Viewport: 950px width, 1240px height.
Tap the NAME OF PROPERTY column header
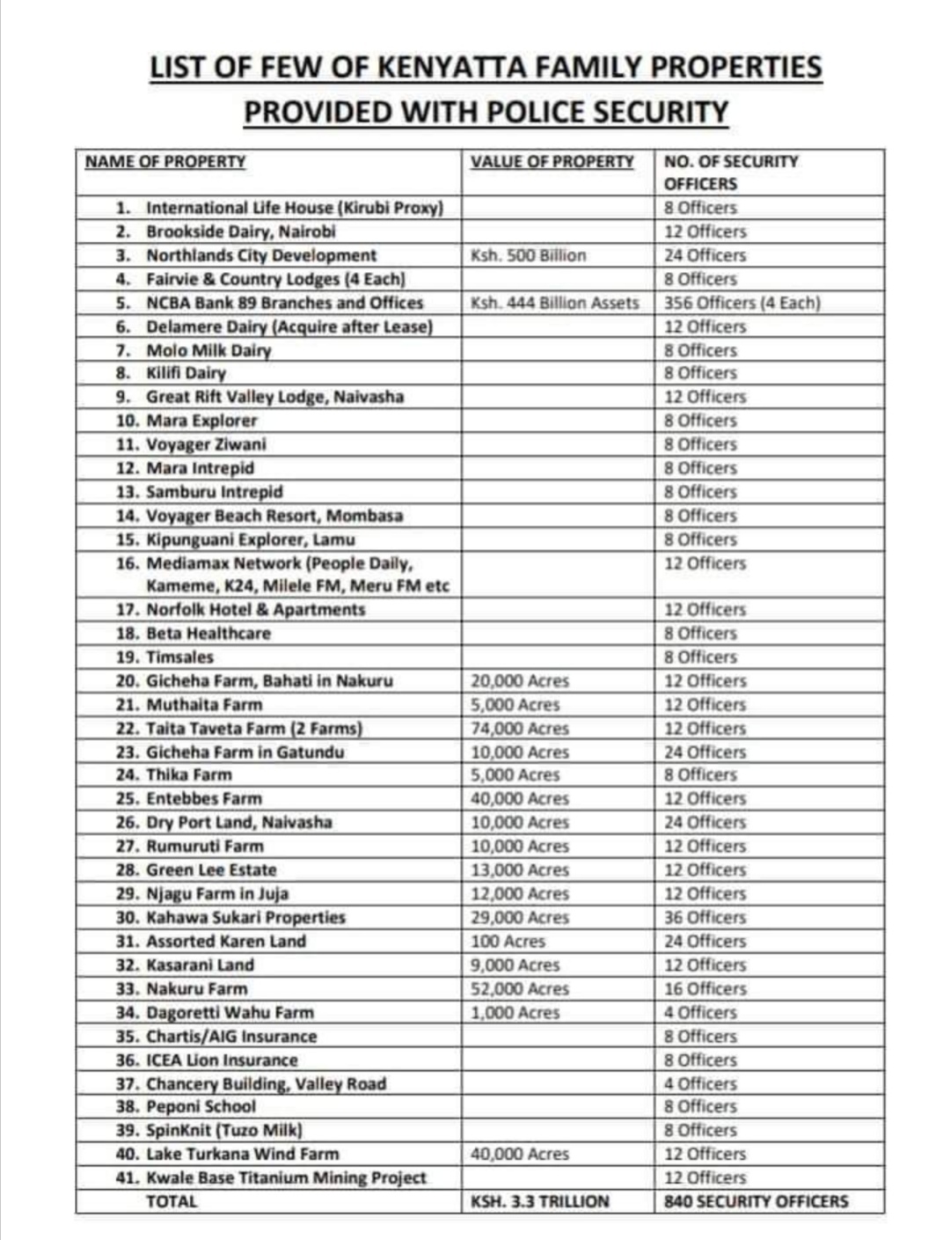(x=165, y=162)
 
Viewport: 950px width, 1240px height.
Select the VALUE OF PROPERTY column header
(x=552, y=162)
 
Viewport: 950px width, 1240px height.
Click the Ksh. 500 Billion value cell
(x=528, y=255)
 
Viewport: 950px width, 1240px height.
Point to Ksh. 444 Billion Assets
(x=554, y=303)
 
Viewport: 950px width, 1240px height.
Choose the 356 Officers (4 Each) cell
(x=742, y=303)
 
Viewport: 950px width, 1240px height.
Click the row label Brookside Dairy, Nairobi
(x=240, y=231)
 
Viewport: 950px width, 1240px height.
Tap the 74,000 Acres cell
(x=520, y=729)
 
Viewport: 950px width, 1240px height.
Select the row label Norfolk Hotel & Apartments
(x=255, y=610)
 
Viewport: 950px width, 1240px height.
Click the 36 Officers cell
(x=705, y=917)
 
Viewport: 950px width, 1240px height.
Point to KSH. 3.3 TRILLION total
(x=539, y=1201)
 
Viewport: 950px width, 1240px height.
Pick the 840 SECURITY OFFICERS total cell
(x=756, y=1201)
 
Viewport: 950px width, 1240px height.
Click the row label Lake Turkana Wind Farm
(x=242, y=1154)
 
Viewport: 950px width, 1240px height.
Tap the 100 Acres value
(x=508, y=941)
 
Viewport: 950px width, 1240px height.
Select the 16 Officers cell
(x=705, y=988)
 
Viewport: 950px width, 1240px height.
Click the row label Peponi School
(x=201, y=1106)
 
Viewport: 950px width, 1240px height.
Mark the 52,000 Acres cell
(x=520, y=988)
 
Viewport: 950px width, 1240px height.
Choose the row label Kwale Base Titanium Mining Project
(x=286, y=1178)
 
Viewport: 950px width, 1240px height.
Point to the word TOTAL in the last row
(x=172, y=1201)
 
